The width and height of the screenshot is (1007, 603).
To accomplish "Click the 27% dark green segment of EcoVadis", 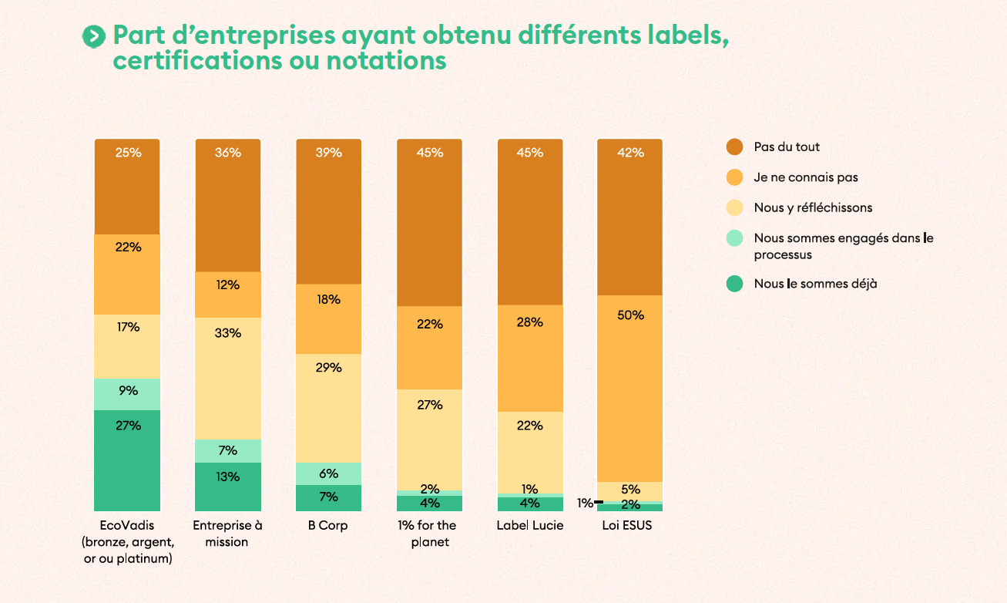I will tap(127, 460).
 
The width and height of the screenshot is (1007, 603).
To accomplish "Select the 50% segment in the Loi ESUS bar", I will tap(630, 388).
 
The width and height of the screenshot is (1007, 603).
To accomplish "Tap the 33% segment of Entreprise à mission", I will tap(227, 378).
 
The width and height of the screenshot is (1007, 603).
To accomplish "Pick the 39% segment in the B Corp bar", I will tap(328, 211).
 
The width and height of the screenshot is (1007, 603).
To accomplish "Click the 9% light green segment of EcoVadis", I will tap(127, 394).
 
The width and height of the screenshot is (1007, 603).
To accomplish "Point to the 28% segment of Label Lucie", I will tap(530, 358).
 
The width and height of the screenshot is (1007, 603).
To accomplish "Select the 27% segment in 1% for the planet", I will tap(429, 439).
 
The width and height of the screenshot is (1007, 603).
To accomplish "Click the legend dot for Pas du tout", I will tap(735, 147).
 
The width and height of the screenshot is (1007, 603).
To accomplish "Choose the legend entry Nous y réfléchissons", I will tap(813, 207).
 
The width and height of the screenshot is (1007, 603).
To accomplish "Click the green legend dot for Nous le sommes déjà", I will tap(735, 284).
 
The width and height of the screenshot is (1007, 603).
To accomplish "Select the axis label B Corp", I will tap(328, 526).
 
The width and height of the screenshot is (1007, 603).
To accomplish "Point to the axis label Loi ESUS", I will tap(630, 526).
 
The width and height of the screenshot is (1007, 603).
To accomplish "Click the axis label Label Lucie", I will tap(530, 526).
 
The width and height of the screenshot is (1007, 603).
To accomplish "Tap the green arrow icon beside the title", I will tap(93, 35).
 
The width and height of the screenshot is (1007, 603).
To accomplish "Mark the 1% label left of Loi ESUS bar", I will tap(585, 503).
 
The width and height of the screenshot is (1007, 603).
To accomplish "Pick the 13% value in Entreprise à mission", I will tap(227, 477).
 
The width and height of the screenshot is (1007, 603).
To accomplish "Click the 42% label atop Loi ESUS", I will tap(630, 153).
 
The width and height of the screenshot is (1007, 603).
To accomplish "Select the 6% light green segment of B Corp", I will tap(328, 473).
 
